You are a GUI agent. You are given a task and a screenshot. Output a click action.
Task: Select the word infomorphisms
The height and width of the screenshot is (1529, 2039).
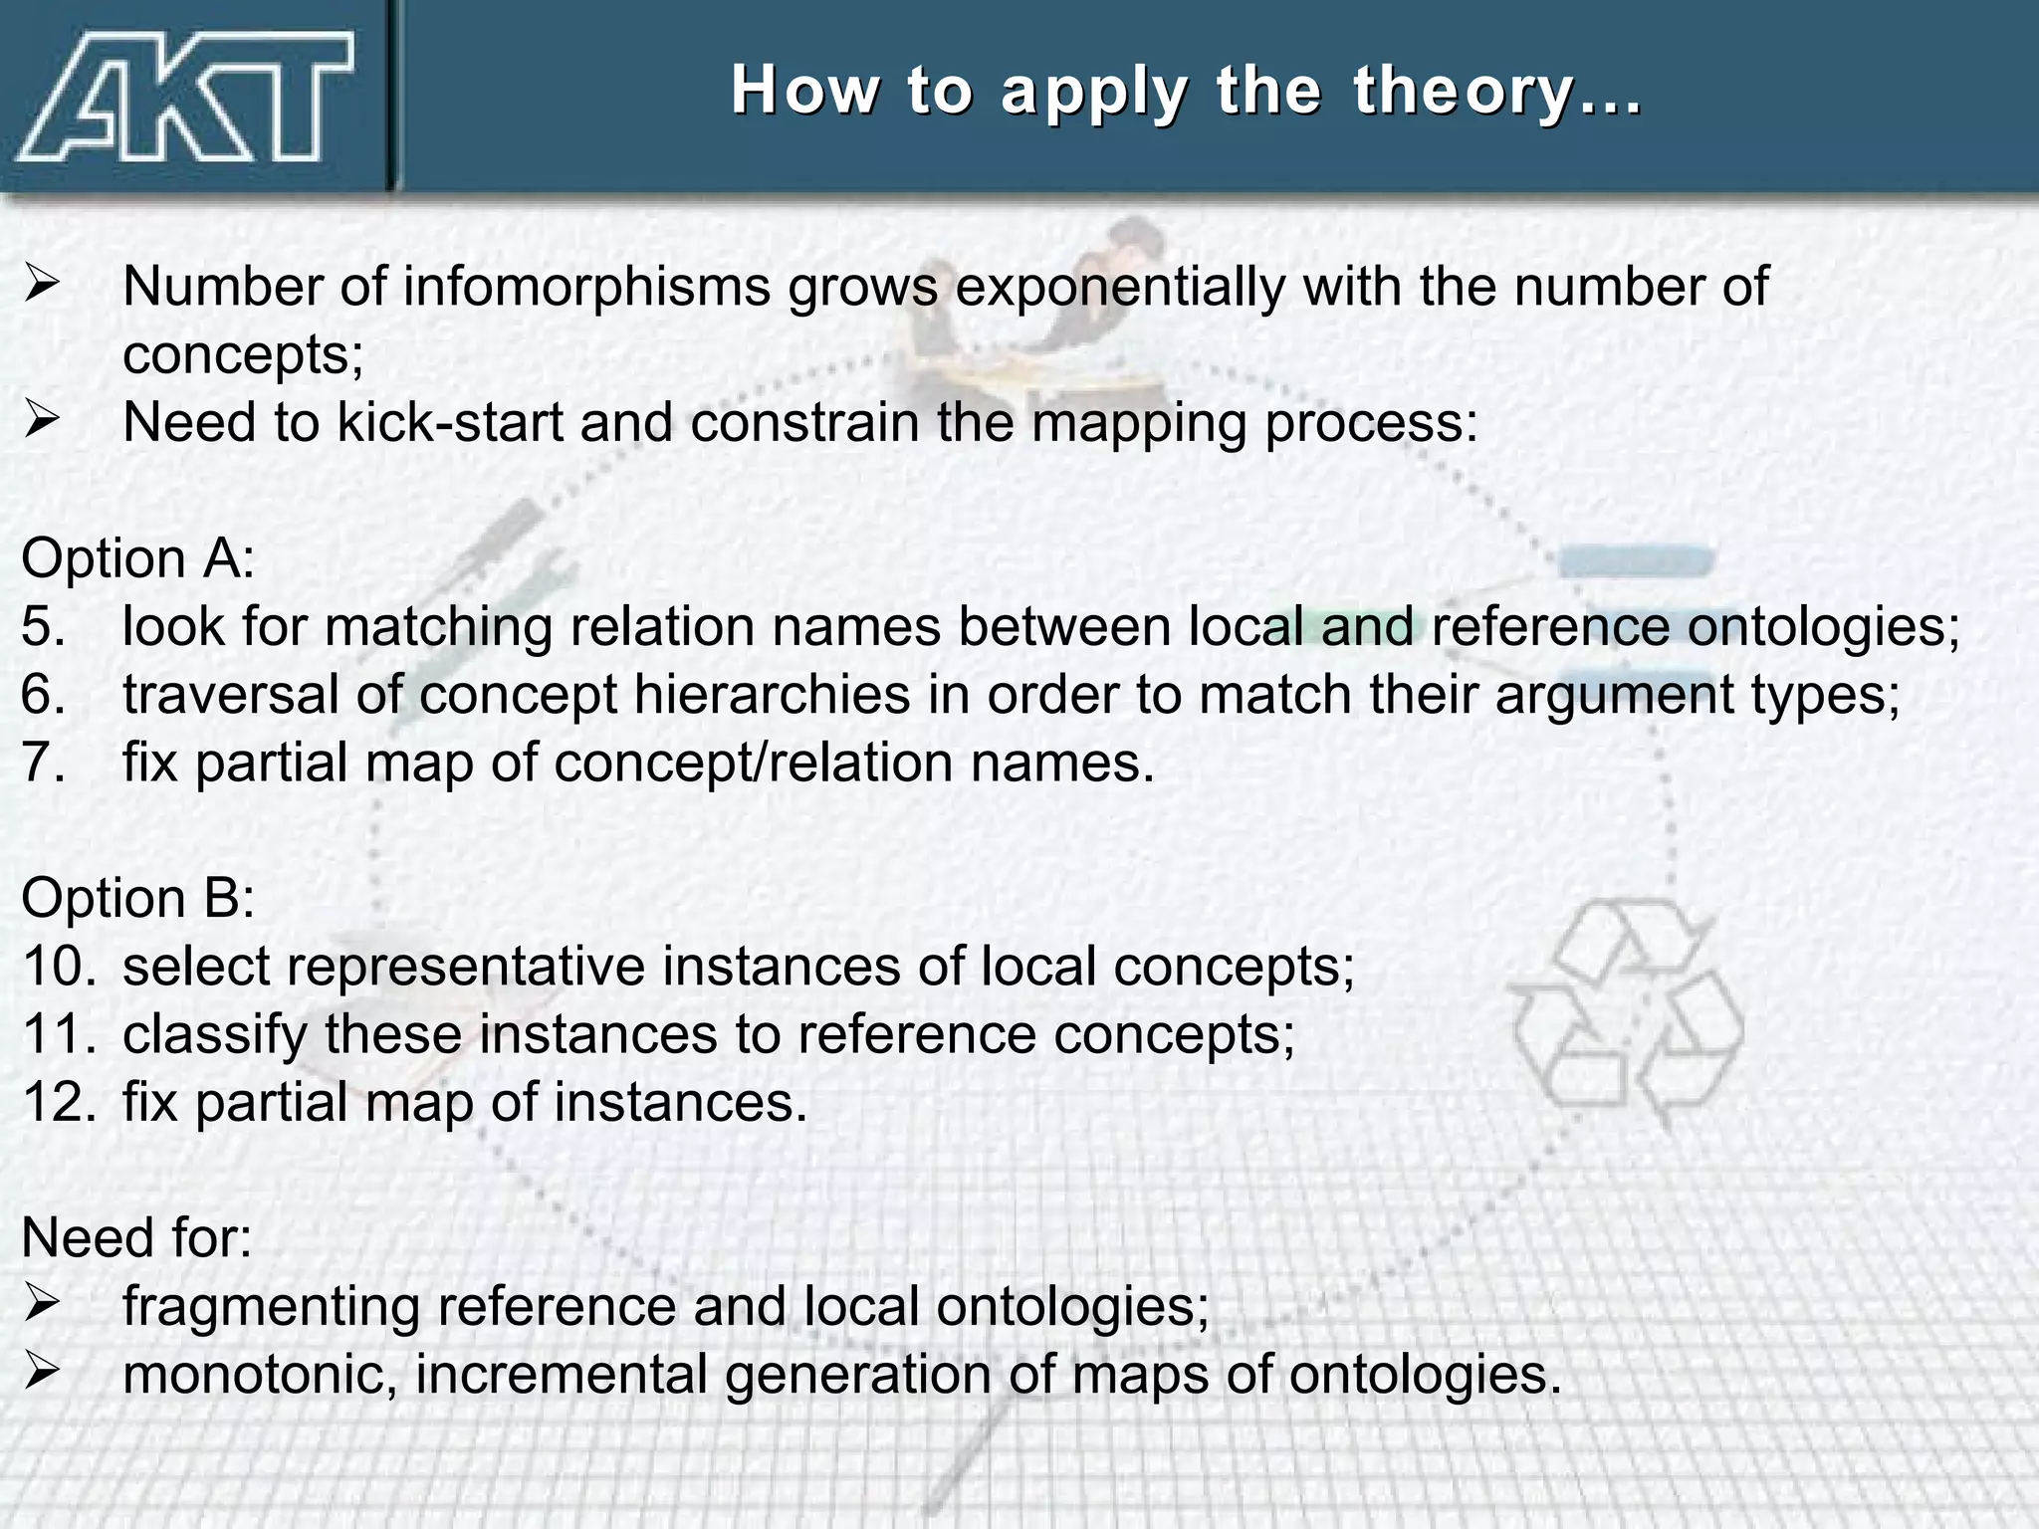586,288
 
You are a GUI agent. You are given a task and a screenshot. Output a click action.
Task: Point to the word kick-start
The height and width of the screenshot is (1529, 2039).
450,423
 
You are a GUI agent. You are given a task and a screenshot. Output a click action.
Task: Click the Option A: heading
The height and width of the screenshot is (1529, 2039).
138,558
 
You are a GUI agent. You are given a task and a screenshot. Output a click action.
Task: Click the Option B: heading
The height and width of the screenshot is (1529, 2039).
138,899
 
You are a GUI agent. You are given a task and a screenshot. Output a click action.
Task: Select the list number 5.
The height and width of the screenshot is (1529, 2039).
43,627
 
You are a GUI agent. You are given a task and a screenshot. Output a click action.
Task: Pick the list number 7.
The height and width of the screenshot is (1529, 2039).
43,764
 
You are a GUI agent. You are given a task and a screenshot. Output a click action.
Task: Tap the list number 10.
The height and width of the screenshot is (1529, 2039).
58,967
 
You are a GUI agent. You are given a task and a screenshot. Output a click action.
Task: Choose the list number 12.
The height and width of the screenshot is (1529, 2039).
58,1103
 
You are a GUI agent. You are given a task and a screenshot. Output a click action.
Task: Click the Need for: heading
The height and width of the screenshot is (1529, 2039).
136,1238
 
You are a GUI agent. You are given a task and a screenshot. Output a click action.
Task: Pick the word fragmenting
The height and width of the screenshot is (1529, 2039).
271,1308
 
